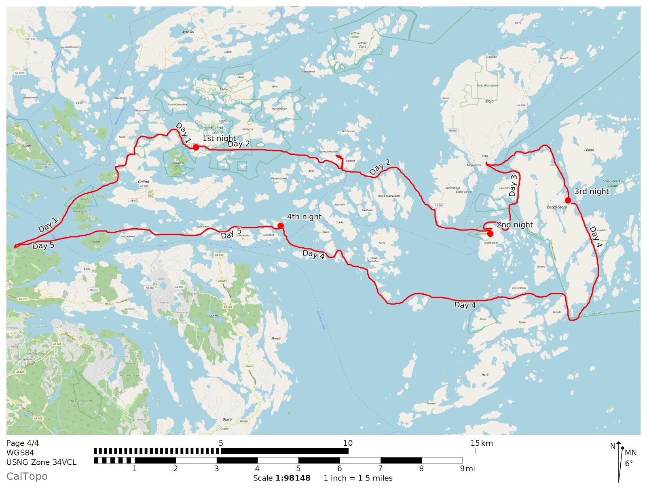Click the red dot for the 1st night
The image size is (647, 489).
196,147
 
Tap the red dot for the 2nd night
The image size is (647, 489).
490,234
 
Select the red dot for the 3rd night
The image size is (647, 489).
568,200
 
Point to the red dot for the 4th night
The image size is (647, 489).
281,225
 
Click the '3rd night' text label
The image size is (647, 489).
591,191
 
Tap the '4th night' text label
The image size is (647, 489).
304,217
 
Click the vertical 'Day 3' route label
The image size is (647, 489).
513,185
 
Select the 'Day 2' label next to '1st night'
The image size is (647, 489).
239,144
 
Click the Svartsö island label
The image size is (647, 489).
188,32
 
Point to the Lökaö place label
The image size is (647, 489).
589,150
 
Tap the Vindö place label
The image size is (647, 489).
214,316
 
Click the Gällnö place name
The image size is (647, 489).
144,182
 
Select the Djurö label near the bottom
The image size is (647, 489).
227,419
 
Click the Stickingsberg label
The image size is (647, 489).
80,401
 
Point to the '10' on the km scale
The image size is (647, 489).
348,443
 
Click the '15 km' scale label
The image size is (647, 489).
481,443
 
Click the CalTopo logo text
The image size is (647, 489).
27,476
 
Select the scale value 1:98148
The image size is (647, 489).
293,478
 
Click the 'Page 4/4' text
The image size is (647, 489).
23,443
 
